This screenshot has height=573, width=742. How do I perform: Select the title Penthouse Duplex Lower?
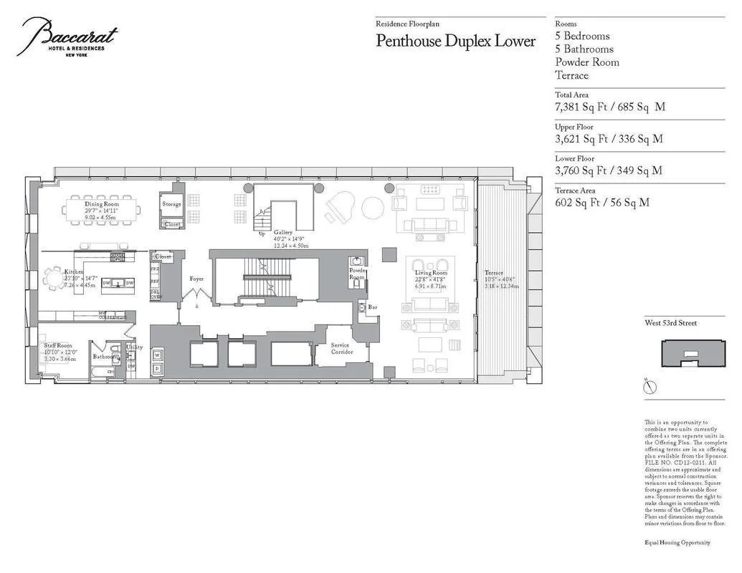[x=455, y=41]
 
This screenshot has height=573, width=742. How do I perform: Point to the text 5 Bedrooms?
[x=582, y=36]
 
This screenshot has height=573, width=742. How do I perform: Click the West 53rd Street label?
[x=672, y=323]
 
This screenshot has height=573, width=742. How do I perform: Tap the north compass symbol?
[x=650, y=387]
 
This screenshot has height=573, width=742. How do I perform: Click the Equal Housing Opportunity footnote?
[x=677, y=542]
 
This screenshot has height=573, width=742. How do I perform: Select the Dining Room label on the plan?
[x=102, y=204]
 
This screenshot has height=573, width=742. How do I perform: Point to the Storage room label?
[x=171, y=204]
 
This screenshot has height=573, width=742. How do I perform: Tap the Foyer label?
[x=196, y=279]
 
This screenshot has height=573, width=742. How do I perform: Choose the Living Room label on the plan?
[x=431, y=273]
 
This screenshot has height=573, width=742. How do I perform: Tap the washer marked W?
[x=156, y=353]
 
